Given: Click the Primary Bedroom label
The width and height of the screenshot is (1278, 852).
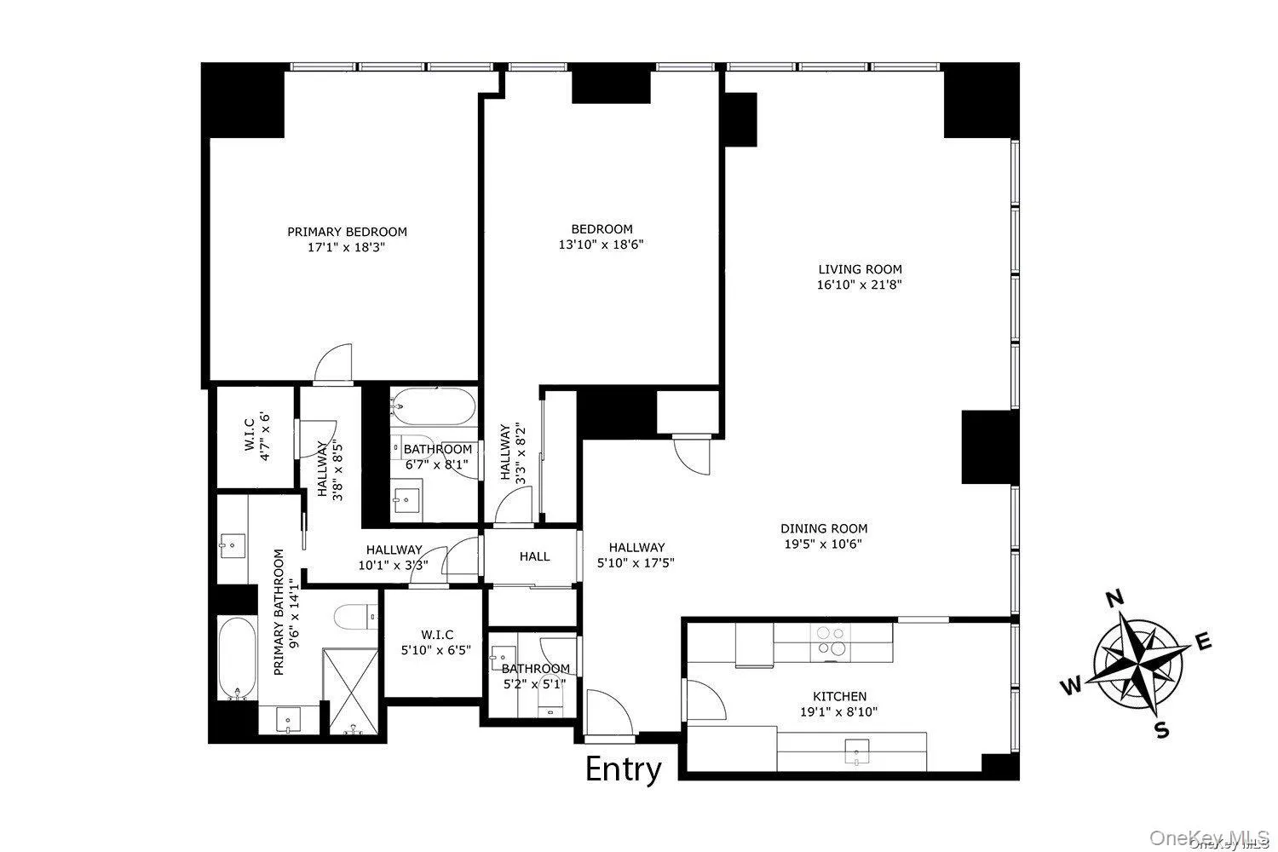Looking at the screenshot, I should point(347,232).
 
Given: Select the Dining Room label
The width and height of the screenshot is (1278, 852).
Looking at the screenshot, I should point(825,528).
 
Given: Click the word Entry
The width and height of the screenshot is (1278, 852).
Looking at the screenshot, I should point(624,769).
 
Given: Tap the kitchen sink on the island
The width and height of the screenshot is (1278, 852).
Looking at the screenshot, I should point(853,751).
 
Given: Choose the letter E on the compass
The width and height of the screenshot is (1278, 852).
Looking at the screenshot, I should point(1204,643).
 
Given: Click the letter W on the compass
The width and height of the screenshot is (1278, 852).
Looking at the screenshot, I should point(1071,685).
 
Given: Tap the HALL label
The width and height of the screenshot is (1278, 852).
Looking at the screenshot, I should point(535,556).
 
